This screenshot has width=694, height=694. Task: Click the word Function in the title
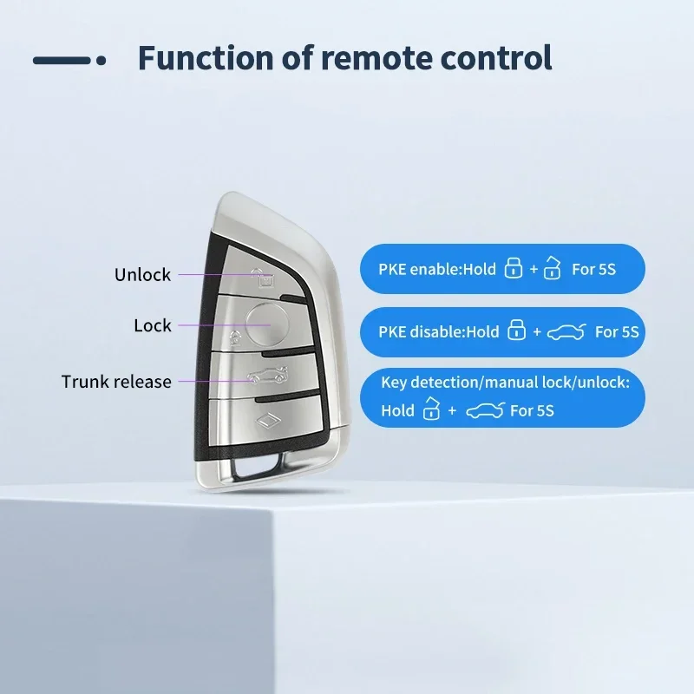click(206, 58)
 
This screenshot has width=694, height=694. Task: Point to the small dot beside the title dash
click(101, 60)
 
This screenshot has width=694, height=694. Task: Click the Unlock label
click(142, 275)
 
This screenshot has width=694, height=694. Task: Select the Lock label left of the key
click(153, 326)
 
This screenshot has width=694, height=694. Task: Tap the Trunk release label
click(116, 382)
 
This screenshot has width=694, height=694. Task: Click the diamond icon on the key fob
click(269, 420)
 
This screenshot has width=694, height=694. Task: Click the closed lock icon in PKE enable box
click(513, 268)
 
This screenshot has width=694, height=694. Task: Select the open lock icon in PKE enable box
click(553, 267)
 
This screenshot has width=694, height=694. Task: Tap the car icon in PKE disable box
click(566, 331)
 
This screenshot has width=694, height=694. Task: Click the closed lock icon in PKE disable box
click(516, 330)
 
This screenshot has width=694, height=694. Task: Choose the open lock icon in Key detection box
click(431, 408)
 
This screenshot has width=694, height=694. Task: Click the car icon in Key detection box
click(485, 410)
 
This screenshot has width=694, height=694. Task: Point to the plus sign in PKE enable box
click(534, 269)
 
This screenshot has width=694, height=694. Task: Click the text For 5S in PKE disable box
click(617, 332)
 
